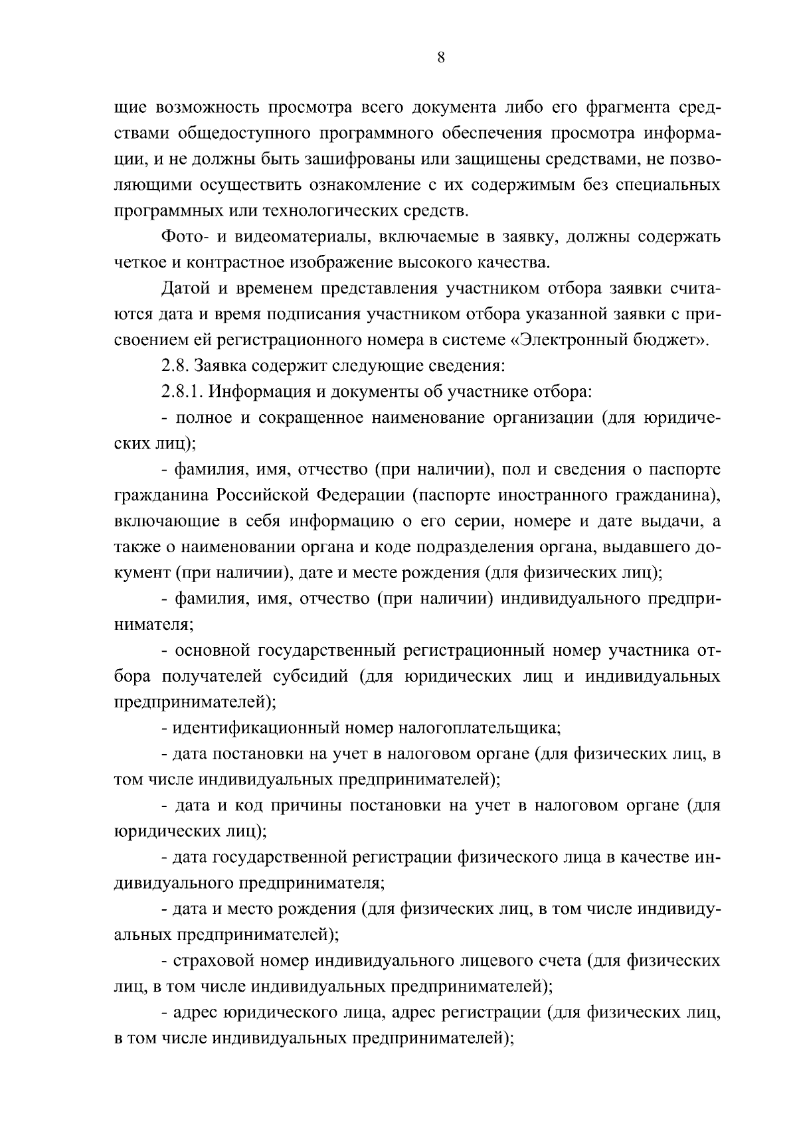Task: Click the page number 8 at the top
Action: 441,57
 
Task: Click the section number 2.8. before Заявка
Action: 175,366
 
